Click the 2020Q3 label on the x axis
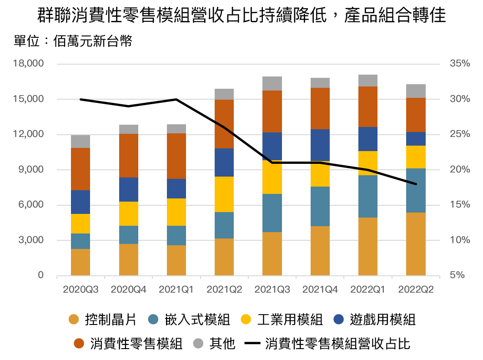point(80,289)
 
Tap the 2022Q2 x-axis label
point(416,289)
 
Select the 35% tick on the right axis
point(459,64)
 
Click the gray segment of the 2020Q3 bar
point(80,142)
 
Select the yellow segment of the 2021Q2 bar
point(224,194)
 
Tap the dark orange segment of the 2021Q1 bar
point(176,156)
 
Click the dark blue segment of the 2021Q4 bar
point(320,145)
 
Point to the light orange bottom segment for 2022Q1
point(368,246)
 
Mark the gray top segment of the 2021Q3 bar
point(272,84)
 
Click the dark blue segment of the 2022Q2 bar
point(416,139)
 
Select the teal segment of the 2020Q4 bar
point(129,235)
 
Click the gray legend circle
point(198,343)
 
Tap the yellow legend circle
point(246,319)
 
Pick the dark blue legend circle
point(338,319)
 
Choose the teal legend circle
point(153,319)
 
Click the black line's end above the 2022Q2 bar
point(416,184)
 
